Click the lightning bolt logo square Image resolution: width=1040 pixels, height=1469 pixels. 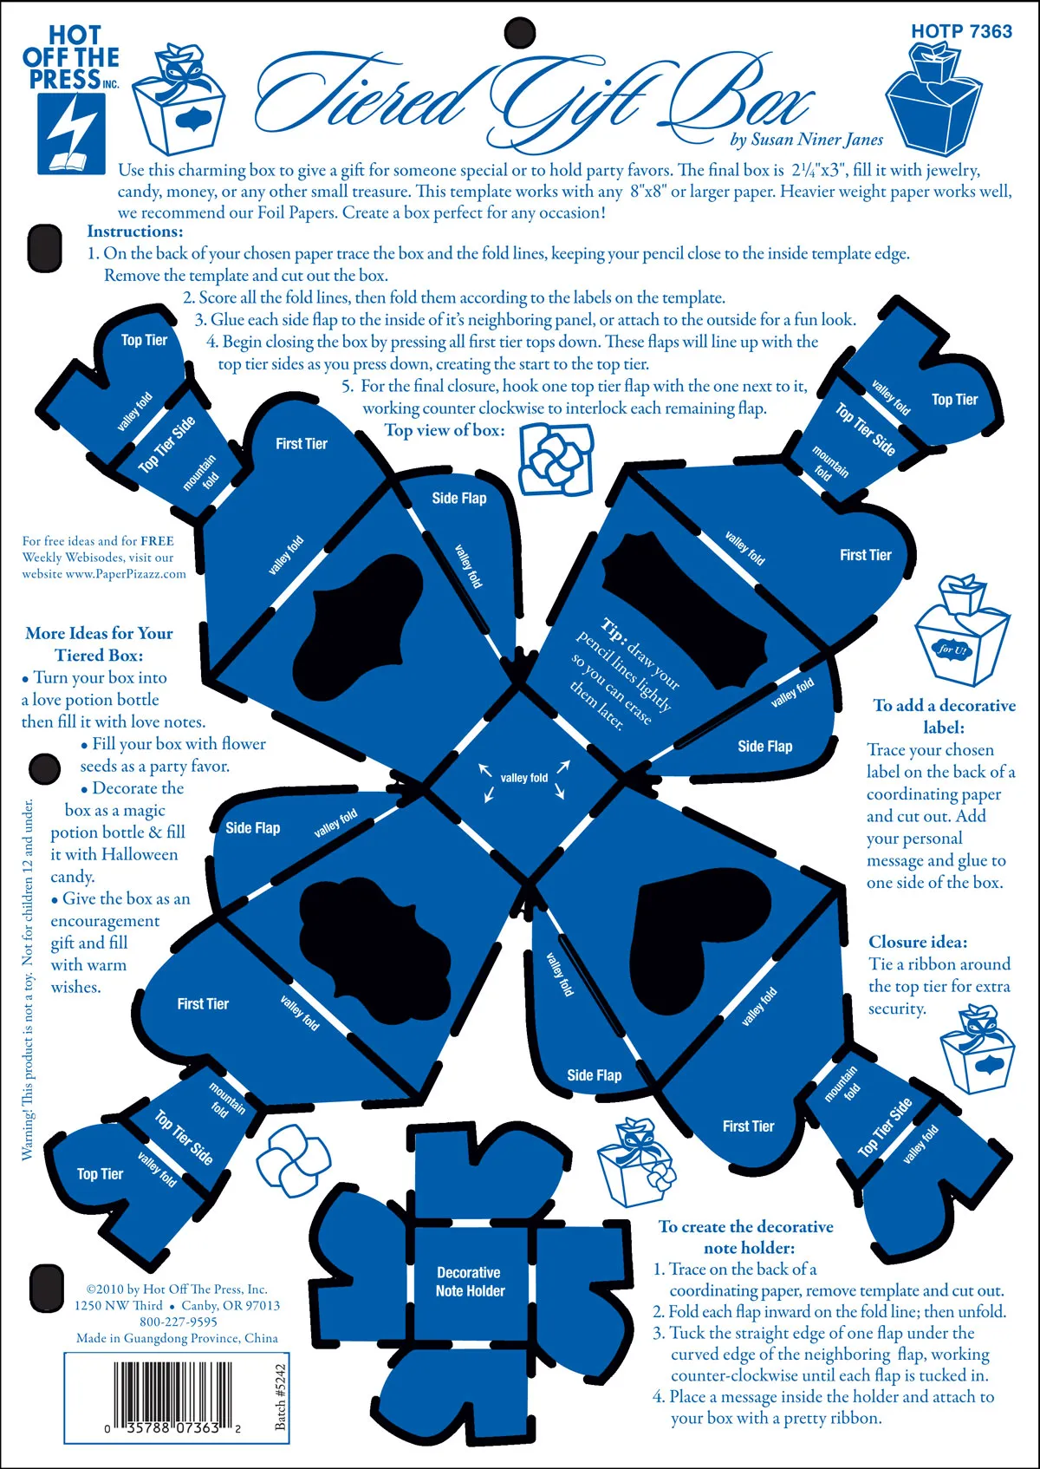[71, 134]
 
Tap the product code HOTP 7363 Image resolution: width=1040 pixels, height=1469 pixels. [961, 31]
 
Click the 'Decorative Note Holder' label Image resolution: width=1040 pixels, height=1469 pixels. [470, 1282]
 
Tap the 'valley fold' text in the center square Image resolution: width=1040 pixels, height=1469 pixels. [523, 778]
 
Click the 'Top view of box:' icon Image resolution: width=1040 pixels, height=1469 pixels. [556, 459]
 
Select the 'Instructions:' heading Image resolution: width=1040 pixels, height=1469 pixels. [135, 232]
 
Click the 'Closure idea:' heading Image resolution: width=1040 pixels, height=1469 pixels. [918, 942]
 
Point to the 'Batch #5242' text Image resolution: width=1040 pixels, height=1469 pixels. [280, 1397]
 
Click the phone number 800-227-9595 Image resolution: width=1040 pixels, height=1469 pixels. [179, 1322]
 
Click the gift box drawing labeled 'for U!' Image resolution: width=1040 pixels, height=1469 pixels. [961, 630]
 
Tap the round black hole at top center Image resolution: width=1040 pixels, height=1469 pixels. [520, 32]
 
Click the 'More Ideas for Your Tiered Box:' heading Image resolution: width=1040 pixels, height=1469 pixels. [99, 644]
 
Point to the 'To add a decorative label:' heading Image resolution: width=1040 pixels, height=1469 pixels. [944, 716]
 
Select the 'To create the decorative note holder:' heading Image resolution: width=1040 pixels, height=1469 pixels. [745, 1237]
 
